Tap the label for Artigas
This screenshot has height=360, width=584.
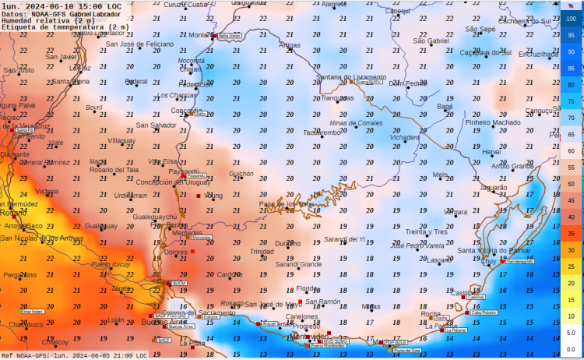point(289,45)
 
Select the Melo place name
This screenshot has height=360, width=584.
point(440,175)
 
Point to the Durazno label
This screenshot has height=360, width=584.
point(287,243)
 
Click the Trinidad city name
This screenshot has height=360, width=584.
point(262,252)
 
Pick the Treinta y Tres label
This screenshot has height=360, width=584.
point(426,231)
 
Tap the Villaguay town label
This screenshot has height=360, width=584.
point(121,141)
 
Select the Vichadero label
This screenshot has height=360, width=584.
point(404,137)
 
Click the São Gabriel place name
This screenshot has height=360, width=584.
point(431,41)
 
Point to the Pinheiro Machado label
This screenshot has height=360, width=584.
point(492,122)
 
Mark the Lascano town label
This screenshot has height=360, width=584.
point(441,259)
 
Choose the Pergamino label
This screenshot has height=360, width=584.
point(19,275)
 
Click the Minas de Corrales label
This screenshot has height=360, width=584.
point(356,123)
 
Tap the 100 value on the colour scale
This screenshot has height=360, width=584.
point(571,19)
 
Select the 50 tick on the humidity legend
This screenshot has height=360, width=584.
point(571,184)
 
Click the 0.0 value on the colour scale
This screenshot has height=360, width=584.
point(571,349)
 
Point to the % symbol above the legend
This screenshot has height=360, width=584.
point(571,5)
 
